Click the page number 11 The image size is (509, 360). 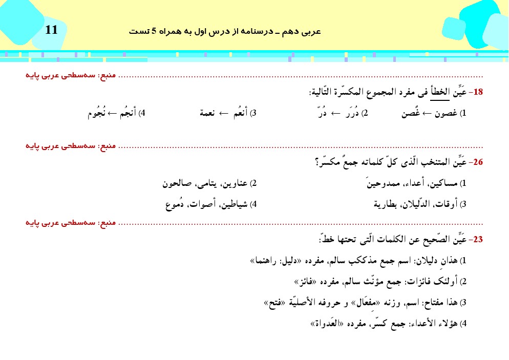pyautogui.click(x=52, y=30)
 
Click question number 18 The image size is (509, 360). pyautogui.click(x=478, y=92)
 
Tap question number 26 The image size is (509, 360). pyautogui.click(x=478, y=163)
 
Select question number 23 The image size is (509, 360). pyautogui.click(x=478, y=239)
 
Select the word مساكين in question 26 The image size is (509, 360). pyautogui.click(x=445, y=183)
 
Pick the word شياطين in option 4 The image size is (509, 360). pyautogui.click(x=235, y=204)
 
